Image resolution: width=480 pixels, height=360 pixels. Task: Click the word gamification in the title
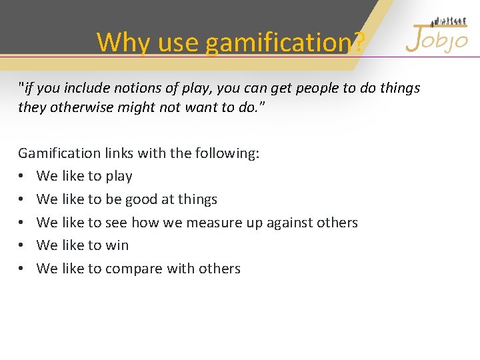277,43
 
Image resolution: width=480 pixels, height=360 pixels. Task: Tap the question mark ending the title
359,43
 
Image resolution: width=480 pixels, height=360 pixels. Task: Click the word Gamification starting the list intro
59,153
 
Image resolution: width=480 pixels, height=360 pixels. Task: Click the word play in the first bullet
119,177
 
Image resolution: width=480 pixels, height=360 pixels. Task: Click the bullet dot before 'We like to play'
22,177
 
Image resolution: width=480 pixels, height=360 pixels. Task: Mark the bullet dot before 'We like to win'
22,245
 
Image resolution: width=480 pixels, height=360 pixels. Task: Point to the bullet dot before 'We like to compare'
22,269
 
